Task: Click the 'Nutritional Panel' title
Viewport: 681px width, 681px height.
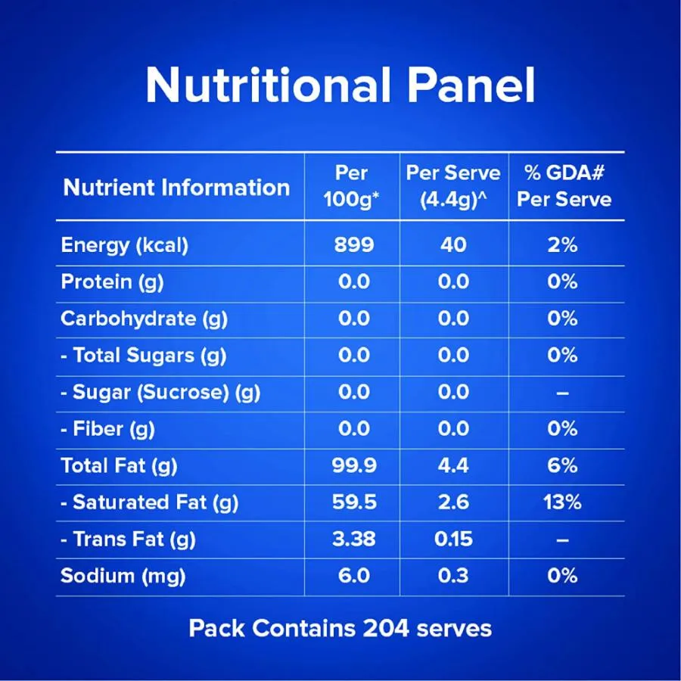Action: point(340,86)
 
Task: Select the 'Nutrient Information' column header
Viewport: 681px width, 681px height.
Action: point(176,188)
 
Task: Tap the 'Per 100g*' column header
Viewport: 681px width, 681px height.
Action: point(353,186)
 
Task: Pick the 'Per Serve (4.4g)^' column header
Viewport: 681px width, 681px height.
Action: point(453,186)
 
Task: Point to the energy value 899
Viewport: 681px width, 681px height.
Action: point(353,245)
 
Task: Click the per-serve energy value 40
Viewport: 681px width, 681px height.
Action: point(453,245)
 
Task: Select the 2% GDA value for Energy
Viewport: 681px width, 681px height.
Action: point(563,245)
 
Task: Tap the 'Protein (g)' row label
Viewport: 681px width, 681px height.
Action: point(112,282)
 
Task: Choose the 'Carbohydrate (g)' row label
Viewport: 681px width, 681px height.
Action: point(144,319)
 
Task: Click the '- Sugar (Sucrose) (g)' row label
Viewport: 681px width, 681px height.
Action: point(160,392)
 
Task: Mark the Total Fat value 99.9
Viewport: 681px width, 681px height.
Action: point(354,465)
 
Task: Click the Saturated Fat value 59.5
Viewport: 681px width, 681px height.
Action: point(354,502)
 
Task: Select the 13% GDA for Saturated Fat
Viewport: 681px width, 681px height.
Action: point(563,502)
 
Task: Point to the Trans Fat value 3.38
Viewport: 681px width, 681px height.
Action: point(354,539)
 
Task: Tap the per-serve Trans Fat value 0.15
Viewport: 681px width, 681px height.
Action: point(454,539)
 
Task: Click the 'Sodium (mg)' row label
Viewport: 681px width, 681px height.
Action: point(123,576)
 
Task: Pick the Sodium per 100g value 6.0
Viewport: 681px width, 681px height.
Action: point(354,576)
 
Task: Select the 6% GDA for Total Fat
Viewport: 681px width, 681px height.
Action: point(563,465)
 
